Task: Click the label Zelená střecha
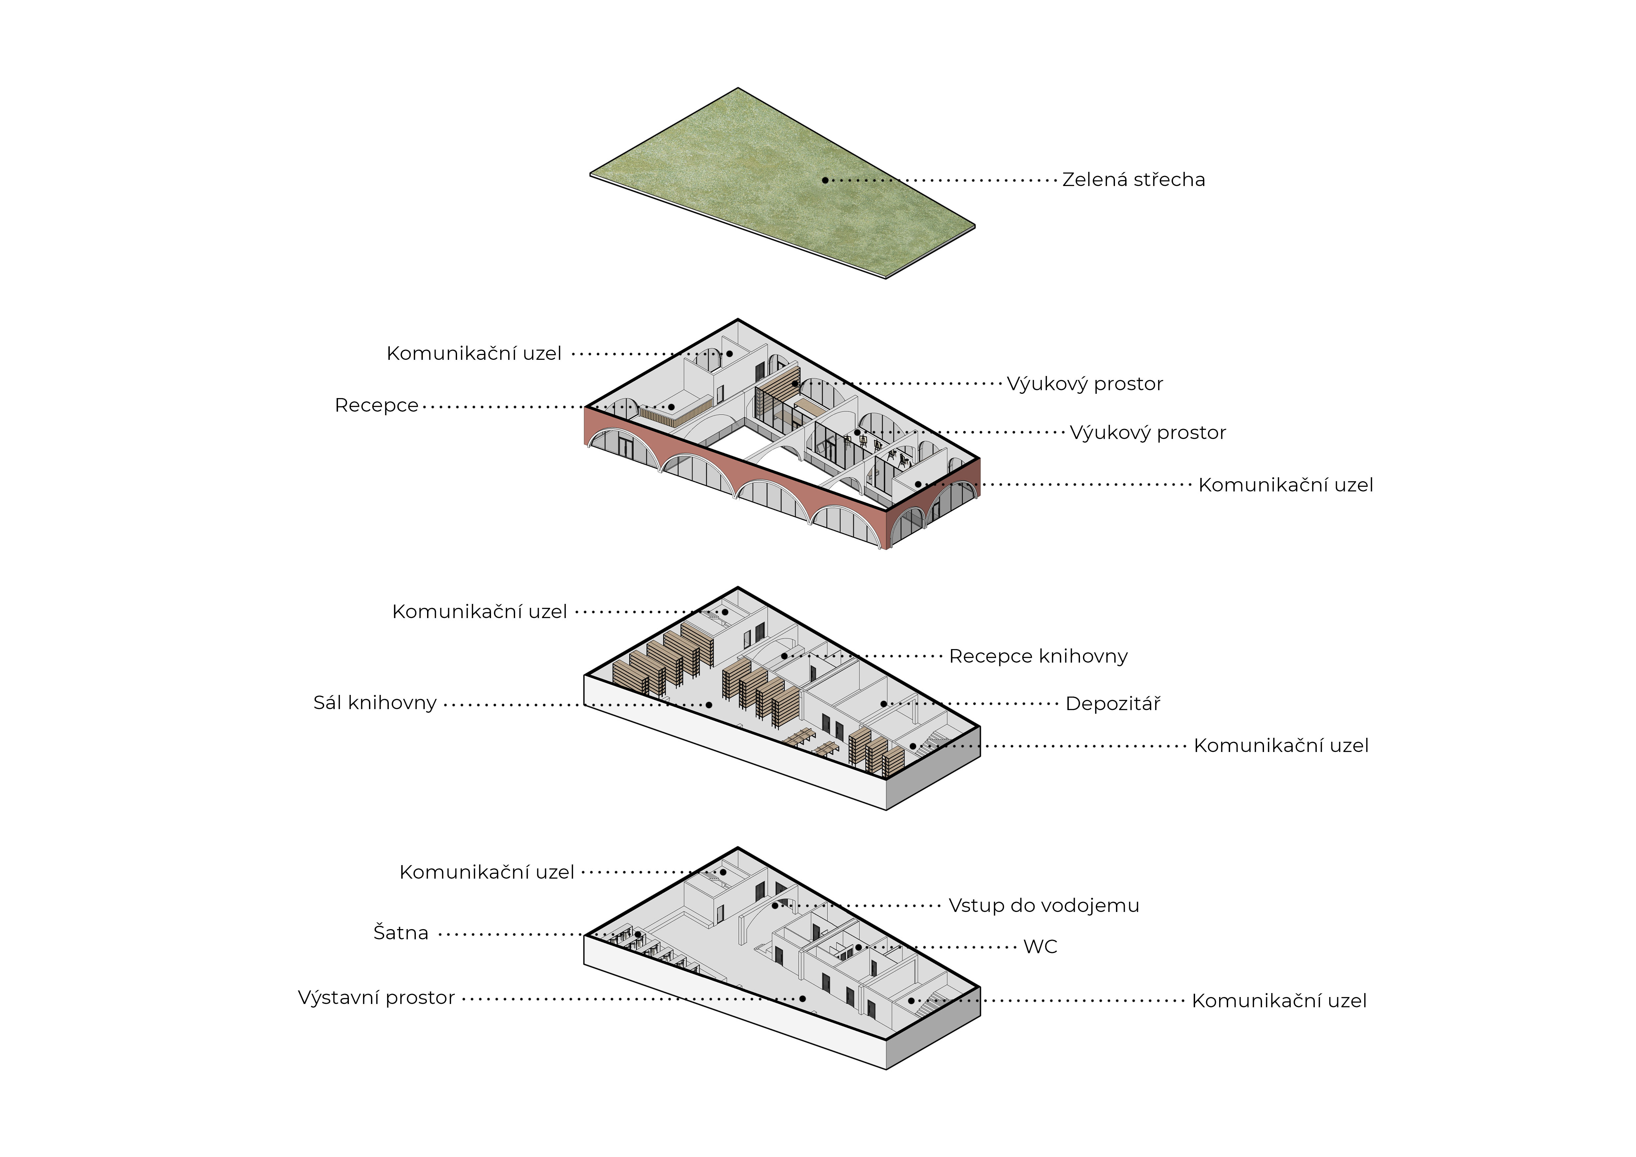pyautogui.click(x=1134, y=179)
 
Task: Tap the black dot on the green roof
pyautogui.click(x=825, y=180)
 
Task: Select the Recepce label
pyautogui.click(x=376, y=405)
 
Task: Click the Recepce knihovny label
pyautogui.click(x=1038, y=656)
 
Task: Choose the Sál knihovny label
pyautogui.click(x=375, y=703)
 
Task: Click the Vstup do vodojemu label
pyautogui.click(x=1044, y=905)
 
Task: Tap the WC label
pyautogui.click(x=1040, y=947)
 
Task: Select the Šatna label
pyautogui.click(x=401, y=933)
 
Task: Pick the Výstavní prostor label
pyautogui.click(x=376, y=997)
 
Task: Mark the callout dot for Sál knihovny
pyautogui.click(x=709, y=704)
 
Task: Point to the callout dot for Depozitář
pyautogui.click(x=883, y=704)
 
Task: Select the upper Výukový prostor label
pyautogui.click(x=1085, y=384)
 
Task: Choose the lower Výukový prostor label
pyautogui.click(x=1148, y=432)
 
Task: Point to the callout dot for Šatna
pyautogui.click(x=638, y=934)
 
